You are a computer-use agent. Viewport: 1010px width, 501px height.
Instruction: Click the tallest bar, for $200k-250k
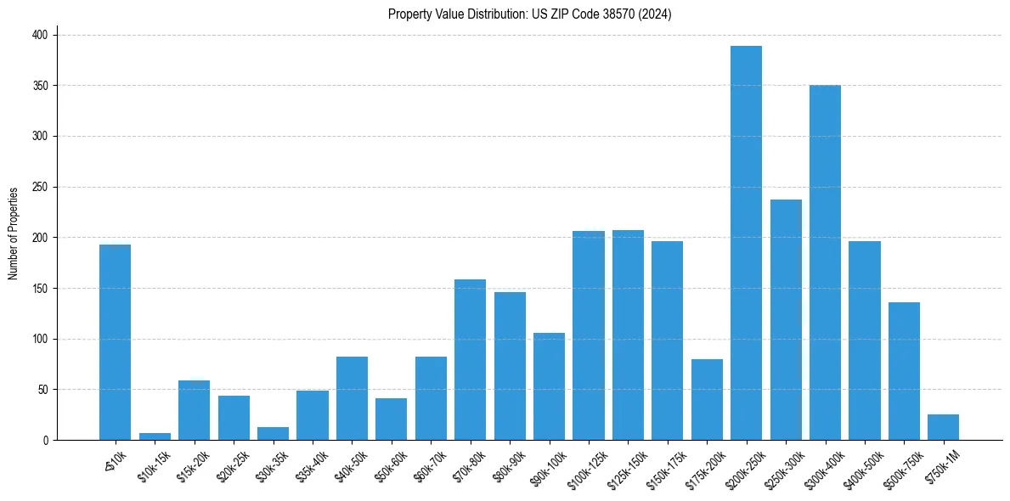pyautogui.click(x=746, y=243)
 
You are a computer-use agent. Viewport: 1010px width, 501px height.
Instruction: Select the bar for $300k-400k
pyautogui.click(x=825, y=262)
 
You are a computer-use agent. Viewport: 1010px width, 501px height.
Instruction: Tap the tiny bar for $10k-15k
pyautogui.click(x=155, y=436)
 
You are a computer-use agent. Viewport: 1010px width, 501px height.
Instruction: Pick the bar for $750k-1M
pyautogui.click(x=943, y=427)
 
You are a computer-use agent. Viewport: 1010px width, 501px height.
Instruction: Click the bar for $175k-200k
pyautogui.click(x=707, y=399)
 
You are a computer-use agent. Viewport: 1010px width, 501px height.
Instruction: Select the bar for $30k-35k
pyautogui.click(x=273, y=434)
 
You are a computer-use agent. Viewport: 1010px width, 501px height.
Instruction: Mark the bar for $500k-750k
pyautogui.click(x=904, y=371)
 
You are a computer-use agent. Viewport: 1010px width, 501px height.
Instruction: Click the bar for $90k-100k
pyautogui.click(x=549, y=386)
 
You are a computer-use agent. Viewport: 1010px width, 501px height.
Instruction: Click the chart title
pyautogui.click(x=530, y=14)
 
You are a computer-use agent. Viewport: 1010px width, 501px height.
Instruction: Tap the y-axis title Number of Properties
pyautogui.click(x=14, y=234)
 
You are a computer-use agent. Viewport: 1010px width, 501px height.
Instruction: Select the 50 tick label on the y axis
pyautogui.click(x=44, y=390)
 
